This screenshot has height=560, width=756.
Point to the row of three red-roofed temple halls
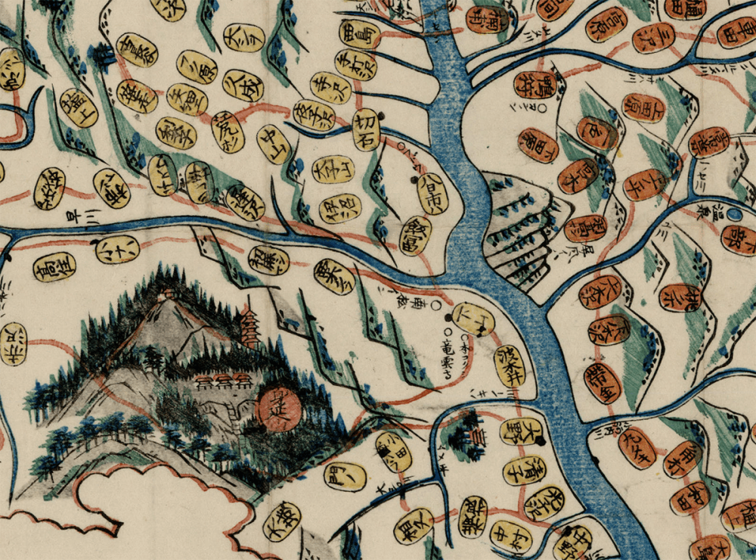222,380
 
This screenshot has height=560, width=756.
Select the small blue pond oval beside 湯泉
735,215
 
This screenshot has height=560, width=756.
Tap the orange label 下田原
538,145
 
